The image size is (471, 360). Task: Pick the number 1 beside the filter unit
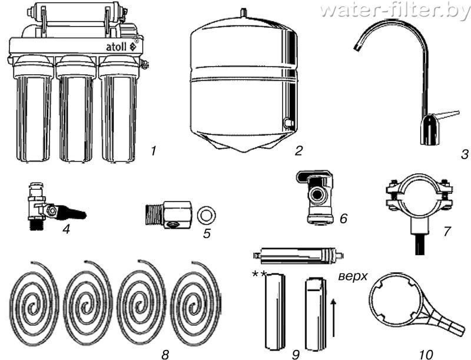(x=153, y=151)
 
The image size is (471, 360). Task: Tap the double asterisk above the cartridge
(x=259, y=273)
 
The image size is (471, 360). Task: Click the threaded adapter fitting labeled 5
(x=167, y=213)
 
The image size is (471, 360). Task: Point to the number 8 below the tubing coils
(x=165, y=354)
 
